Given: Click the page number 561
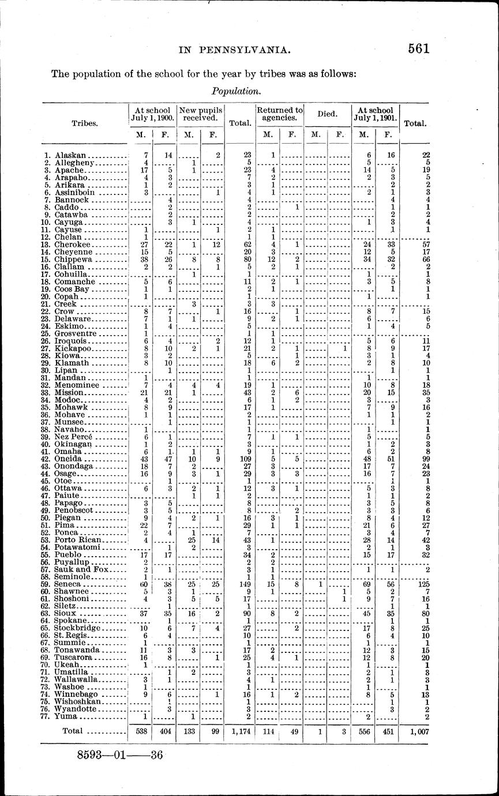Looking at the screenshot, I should (x=418, y=48).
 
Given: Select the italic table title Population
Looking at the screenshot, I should (x=236, y=91).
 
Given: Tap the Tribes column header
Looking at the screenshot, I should (x=84, y=123).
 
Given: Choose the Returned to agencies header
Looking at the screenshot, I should (x=280, y=114).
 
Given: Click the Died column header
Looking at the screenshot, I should (x=327, y=114).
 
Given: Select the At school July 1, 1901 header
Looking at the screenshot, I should (x=375, y=114).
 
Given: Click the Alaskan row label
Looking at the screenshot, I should (x=70, y=156).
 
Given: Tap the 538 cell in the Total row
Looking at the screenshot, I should (x=140, y=731).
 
